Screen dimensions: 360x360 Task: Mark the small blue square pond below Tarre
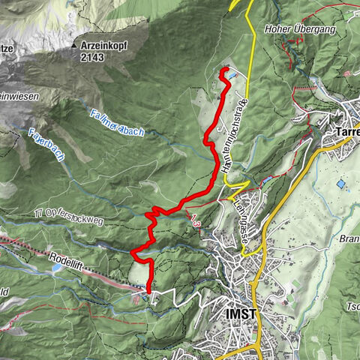pos(342,184)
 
